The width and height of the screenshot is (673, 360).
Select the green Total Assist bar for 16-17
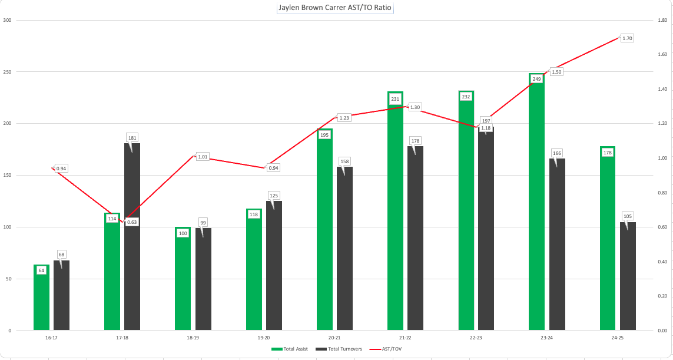tap(41, 300)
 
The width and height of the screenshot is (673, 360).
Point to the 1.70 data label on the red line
tap(627, 38)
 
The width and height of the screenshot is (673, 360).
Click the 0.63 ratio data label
tap(132, 222)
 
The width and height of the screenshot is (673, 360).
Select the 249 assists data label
tap(536, 79)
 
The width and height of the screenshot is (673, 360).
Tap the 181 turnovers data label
tap(132, 138)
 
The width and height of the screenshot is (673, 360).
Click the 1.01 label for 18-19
tap(203, 157)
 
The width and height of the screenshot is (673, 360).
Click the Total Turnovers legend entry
tap(339, 349)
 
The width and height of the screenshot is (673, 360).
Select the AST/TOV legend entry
tap(389, 349)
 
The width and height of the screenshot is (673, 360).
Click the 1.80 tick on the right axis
tap(662, 21)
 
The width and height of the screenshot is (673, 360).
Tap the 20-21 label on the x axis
tap(334, 338)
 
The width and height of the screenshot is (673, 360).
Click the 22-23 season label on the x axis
tap(476, 338)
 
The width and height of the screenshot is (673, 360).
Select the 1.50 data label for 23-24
tap(556, 71)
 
